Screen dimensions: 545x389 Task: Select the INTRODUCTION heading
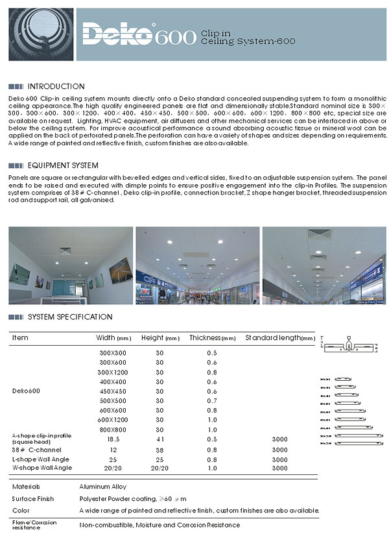click(56, 86)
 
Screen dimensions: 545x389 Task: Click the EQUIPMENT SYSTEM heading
click(63, 165)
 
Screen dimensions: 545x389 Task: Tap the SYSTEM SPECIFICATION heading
click(70, 317)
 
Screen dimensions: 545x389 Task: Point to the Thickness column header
click(212, 338)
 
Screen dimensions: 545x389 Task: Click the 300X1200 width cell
click(113, 372)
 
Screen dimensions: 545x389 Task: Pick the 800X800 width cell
click(113, 430)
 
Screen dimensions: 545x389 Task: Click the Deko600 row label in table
click(26, 391)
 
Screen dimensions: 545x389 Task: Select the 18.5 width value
click(113, 439)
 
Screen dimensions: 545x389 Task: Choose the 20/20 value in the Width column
click(113, 468)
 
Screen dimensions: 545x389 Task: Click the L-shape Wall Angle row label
click(41, 459)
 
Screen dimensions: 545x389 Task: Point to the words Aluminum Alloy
click(102, 486)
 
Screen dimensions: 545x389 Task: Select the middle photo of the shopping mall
click(197, 266)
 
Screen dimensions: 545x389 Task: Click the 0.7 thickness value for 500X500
click(211, 401)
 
